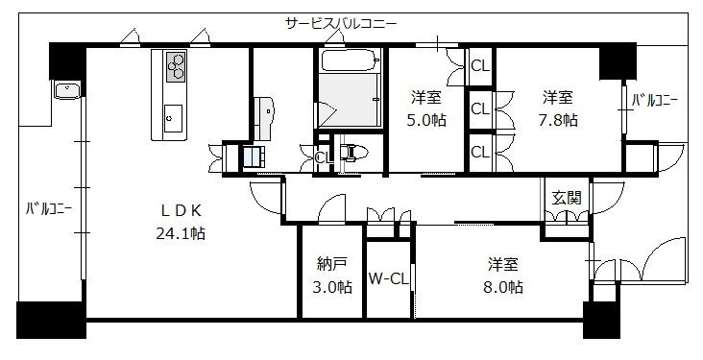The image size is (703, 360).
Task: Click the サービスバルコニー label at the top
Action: point(341,23)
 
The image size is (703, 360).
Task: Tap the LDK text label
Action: point(181,210)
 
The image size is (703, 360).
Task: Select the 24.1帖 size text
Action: point(181,233)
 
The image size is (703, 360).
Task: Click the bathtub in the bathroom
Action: point(351,60)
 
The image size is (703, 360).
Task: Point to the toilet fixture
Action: point(353,153)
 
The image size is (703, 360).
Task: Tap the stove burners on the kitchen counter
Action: point(176,67)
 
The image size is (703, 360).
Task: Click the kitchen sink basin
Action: point(173,118)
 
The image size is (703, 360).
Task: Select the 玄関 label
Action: point(567,198)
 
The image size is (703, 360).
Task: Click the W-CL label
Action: point(389,278)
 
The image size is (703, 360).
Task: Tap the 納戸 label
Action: point(331,265)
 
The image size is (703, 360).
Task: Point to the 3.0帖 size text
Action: point(332,286)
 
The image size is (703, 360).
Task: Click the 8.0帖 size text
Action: point(503,286)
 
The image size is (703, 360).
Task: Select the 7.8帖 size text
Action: point(557,120)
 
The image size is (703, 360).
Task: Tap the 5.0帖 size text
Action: point(425,120)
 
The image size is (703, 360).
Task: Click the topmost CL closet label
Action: point(480,66)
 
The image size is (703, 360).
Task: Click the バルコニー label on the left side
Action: point(48,208)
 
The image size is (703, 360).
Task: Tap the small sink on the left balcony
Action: point(67,89)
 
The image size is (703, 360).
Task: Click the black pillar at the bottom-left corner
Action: point(51,320)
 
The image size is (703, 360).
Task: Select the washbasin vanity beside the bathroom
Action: point(264,118)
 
